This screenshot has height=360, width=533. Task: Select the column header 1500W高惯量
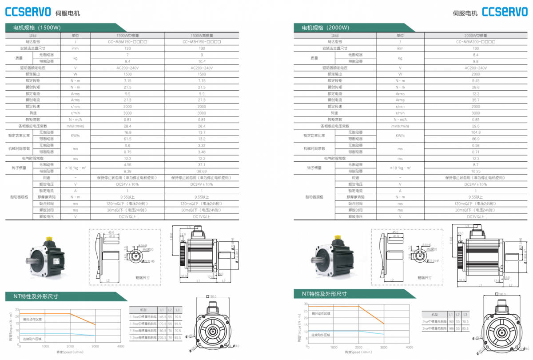pos(202,35)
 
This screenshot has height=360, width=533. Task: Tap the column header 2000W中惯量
pos(476,35)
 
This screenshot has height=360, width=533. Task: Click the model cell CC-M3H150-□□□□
pos(202,42)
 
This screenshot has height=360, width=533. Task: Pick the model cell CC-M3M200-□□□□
pos(476,42)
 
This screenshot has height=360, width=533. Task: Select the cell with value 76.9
pos(127,132)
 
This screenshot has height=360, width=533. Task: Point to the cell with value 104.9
pos(476,132)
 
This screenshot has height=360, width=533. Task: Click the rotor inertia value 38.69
pos(202,171)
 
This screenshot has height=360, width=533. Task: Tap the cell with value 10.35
pos(476,171)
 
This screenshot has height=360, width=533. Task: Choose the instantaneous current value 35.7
pos(476,100)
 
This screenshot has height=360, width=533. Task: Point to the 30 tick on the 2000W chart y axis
pos(305,304)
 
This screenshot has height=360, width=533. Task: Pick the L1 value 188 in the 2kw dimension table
pos(451,328)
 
